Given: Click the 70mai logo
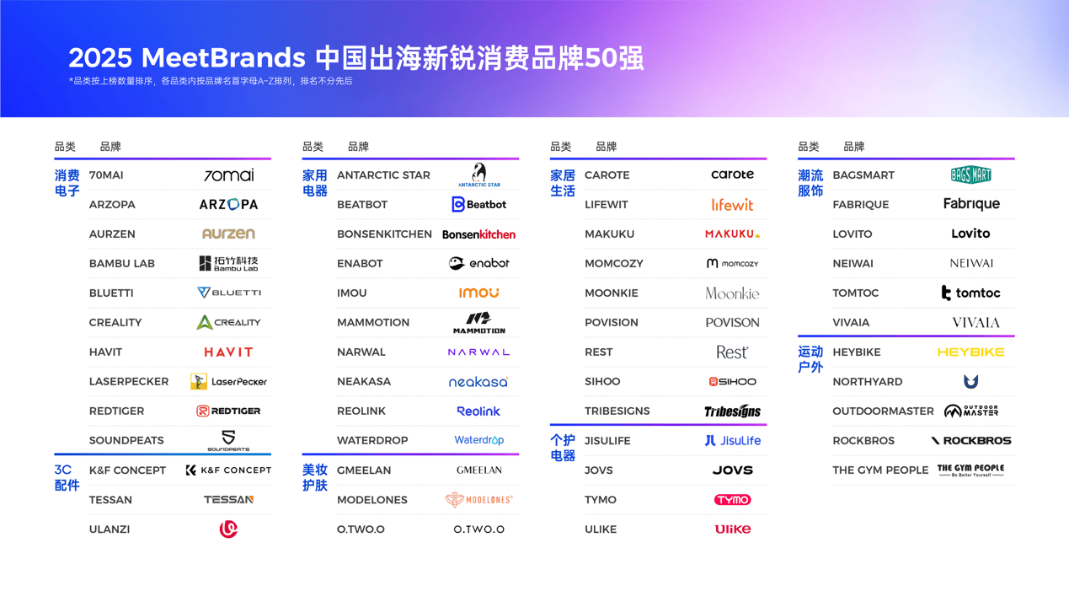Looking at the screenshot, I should tap(228, 175).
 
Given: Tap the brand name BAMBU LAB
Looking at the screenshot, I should tap(122, 264).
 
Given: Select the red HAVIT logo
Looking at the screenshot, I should tap(228, 352).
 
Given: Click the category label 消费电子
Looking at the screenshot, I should tap(67, 183).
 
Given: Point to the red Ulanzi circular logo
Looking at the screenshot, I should tap(228, 529).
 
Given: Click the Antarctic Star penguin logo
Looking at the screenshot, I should tap(478, 175).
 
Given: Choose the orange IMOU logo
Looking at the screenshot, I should tap(478, 293).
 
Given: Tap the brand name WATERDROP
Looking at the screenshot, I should tap(372, 441).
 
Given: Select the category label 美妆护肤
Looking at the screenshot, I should tap(315, 477).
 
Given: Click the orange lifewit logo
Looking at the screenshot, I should tap(732, 205).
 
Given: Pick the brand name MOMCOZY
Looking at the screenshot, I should tap(614, 264).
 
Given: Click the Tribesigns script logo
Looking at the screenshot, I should tap(732, 411).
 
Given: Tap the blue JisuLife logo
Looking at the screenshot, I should tap(732, 441).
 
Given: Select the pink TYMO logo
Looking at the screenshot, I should tap(732, 500).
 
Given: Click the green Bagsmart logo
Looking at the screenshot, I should tap(970, 175).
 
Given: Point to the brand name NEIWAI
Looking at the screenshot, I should tap(853, 264).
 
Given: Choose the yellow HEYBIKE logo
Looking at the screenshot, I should tap(970, 352).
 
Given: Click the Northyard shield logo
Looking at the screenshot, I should tap(970, 382).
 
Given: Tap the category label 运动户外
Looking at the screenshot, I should tap(810, 359).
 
